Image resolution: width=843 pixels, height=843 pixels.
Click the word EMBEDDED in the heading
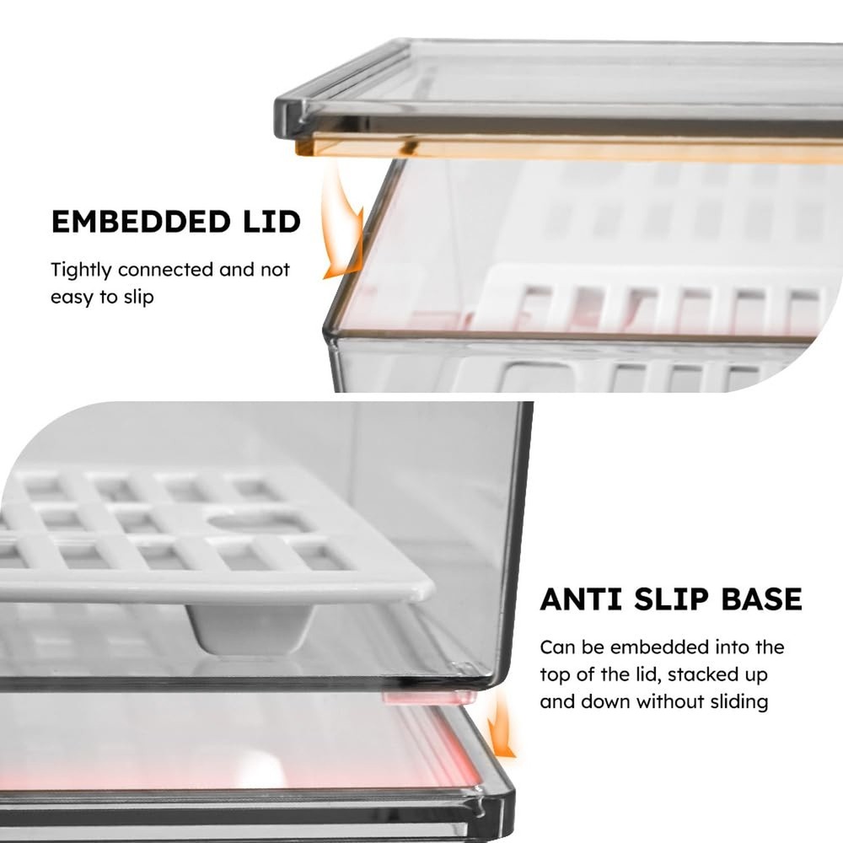141,222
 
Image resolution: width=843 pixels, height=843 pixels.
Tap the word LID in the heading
271,222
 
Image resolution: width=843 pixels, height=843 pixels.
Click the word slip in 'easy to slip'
139,297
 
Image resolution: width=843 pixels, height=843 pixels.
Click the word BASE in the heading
762,599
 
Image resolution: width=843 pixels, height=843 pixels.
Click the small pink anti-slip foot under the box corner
428,698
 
